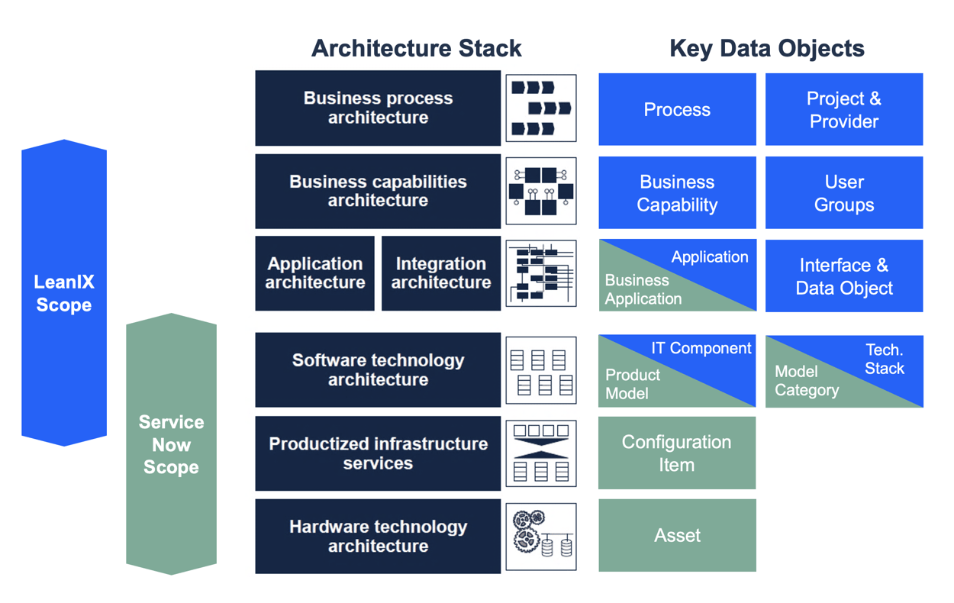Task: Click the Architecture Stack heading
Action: (416, 48)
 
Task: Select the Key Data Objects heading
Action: (766, 48)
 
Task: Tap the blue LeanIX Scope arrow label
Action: (64, 293)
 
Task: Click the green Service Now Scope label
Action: (171, 444)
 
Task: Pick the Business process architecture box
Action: (378, 108)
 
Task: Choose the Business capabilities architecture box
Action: (378, 192)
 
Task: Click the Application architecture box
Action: (314, 273)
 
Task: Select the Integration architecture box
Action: (440, 273)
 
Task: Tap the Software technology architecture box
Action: (378, 370)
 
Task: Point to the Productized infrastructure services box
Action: (378, 453)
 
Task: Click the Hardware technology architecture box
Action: (378, 537)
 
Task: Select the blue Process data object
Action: (677, 109)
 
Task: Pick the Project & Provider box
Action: (843, 109)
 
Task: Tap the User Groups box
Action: (843, 193)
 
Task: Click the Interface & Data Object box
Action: (843, 276)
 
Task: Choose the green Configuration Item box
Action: (676, 453)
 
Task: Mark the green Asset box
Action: (677, 536)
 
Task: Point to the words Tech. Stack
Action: (885, 359)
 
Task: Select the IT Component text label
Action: (701, 348)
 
